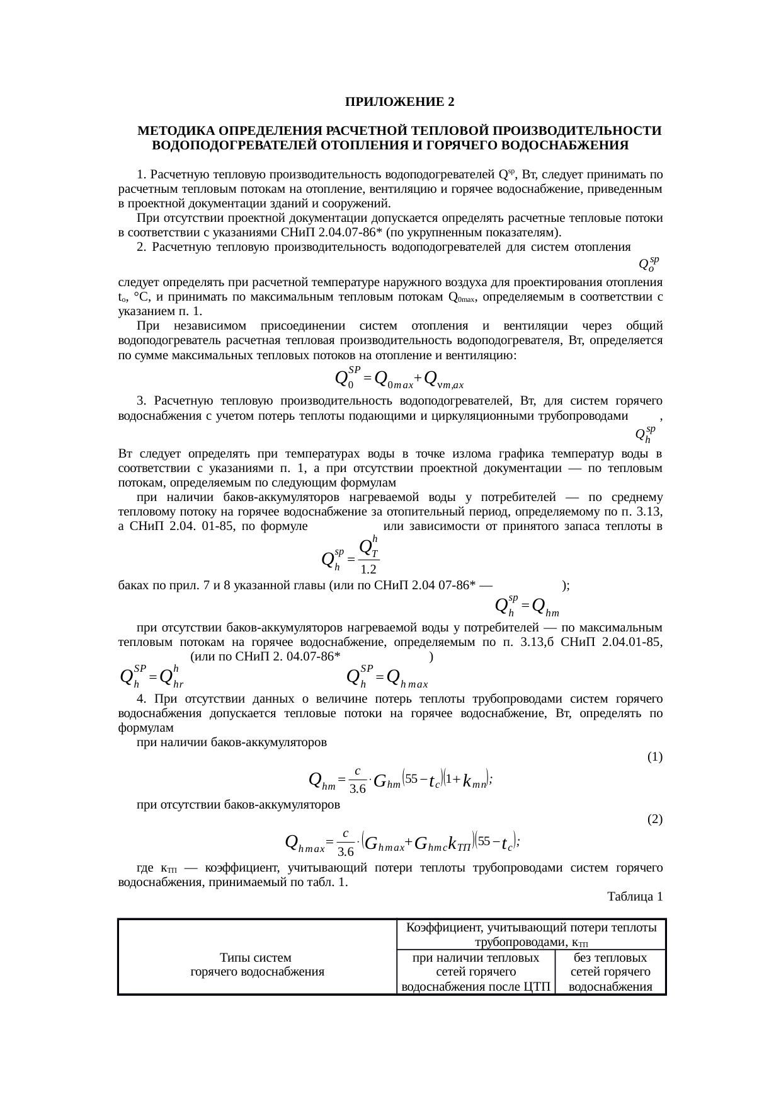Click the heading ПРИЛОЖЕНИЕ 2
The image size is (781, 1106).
tap(399, 102)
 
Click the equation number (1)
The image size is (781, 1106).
tap(654, 756)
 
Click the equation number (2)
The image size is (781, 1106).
tap(654, 819)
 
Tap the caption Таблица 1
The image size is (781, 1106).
tap(635, 896)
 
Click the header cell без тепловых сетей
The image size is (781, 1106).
tap(610, 972)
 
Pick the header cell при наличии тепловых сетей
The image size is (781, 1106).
tap(476, 972)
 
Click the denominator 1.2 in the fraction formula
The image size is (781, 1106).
tap(368, 569)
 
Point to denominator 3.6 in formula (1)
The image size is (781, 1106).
tap(358, 789)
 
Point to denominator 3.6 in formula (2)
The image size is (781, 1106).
tap(346, 852)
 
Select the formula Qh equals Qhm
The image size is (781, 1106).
tap(528, 607)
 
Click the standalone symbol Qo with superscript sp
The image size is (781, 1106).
tap(649, 264)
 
